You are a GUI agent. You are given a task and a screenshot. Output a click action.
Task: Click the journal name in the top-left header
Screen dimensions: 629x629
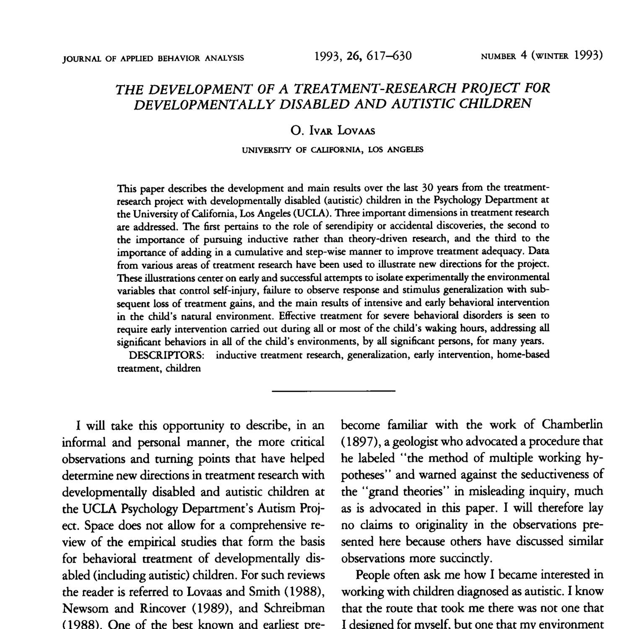tap(153, 57)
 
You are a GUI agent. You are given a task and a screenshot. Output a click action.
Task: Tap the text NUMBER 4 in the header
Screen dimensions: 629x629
tap(503, 56)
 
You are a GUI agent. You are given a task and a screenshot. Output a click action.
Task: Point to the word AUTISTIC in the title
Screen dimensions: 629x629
tap(423, 104)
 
